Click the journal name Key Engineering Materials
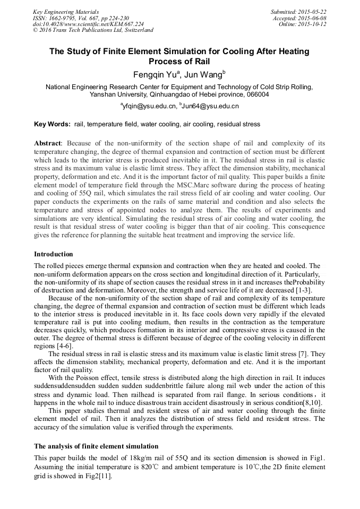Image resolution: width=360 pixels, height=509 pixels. click(x=65, y=11)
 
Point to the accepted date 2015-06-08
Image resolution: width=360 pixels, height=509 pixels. click(x=312, y=18)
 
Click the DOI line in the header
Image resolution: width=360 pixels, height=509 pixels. click(x=88, y=24)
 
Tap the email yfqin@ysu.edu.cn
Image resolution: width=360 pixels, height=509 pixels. click(x=149, y=106)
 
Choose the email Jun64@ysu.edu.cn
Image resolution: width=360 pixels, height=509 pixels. click(x=210, y=106)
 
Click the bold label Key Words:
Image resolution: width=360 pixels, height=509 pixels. click(x=52, y=124)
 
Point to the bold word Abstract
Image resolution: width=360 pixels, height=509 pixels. click(x=48, y=143)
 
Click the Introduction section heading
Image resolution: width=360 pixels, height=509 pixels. click(x=53, y=254)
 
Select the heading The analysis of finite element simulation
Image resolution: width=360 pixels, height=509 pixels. click(x=96, y=446)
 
